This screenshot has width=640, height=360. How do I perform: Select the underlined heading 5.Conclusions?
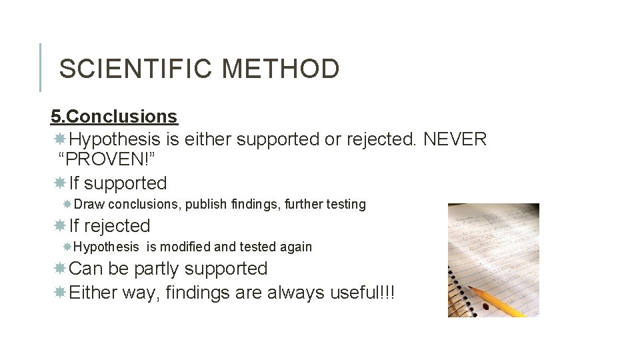[x=114, y=116]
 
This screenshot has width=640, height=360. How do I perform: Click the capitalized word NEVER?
[x=455, y=139]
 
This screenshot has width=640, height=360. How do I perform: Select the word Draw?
[x=89, y=205]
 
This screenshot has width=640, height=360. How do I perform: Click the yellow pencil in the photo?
[x=500, y=299]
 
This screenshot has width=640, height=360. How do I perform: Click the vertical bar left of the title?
[x=40, y=67]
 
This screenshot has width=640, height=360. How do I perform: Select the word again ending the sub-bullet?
[x=295, y=247]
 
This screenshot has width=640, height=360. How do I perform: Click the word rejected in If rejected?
[x=117, y=226]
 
